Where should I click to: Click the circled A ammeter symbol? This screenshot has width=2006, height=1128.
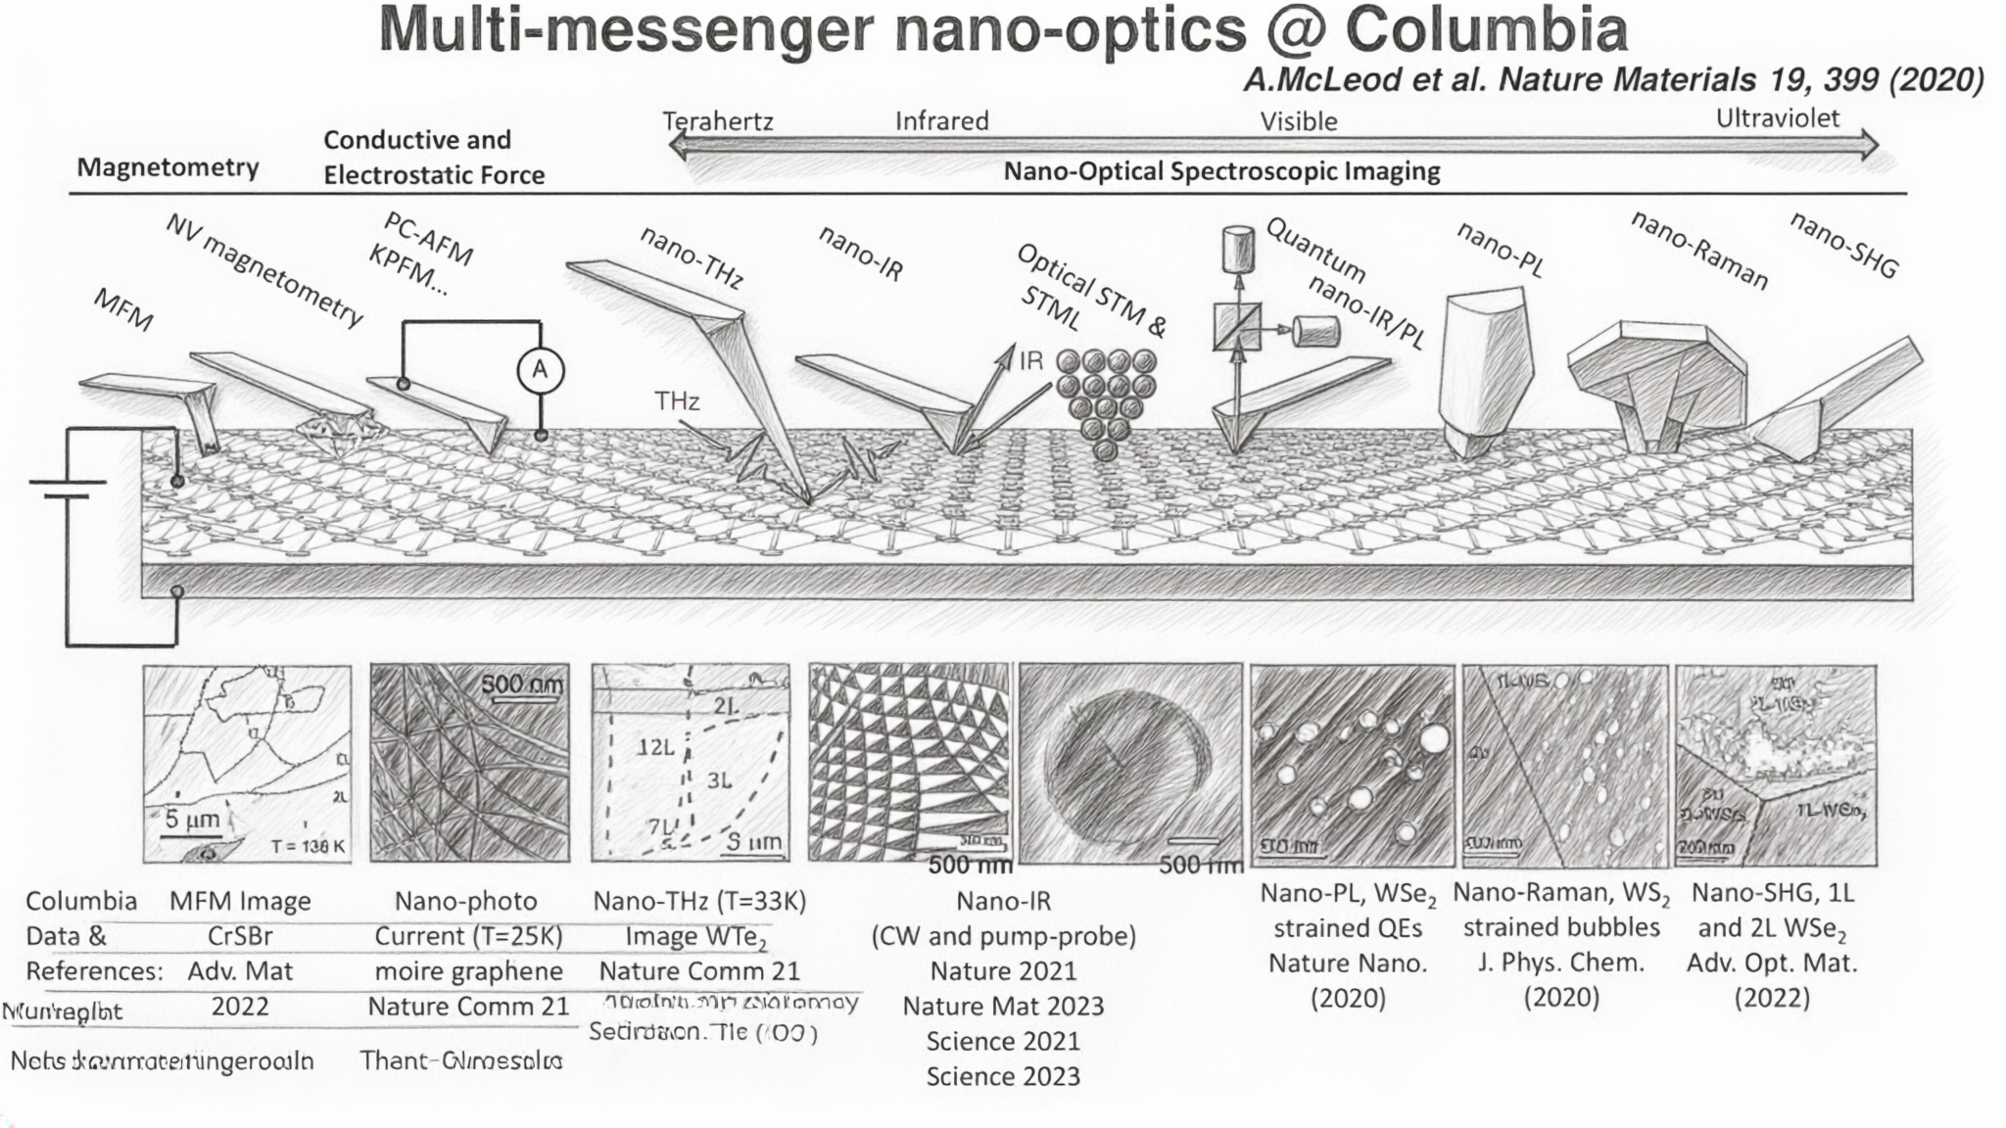coord(540,370)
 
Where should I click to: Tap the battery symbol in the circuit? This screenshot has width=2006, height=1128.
coord(67,489)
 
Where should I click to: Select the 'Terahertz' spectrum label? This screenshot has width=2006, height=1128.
coord(718,121)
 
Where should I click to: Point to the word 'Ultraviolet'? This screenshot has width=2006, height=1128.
coord(1777,118)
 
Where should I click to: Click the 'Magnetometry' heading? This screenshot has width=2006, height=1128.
coord(167,167)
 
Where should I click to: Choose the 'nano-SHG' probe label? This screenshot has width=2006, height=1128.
coord(1843,245)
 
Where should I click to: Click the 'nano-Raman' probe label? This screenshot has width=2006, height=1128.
coord(1699,251)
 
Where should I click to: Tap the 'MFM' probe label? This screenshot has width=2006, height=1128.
coord(123,309)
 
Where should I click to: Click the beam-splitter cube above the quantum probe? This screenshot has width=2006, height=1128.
coord(1237,327)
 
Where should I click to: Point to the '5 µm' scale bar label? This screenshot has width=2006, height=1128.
coord(192,819)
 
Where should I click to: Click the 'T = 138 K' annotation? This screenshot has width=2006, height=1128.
coord(308,846)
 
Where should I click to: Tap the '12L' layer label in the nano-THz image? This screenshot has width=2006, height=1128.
coord(655,747)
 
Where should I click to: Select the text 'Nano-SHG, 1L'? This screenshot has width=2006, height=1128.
coord(1772,893)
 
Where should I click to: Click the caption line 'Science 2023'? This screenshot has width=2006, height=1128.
coord(1003,1076)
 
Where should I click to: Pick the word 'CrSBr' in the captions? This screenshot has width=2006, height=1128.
coord(240,936)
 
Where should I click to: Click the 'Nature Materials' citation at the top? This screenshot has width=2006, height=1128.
coord(1613,79)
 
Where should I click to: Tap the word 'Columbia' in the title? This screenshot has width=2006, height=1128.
coord(1486,30)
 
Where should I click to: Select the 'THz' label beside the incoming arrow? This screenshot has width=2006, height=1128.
coord(677,401)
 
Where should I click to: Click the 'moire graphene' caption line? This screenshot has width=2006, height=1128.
coord(468,971)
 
